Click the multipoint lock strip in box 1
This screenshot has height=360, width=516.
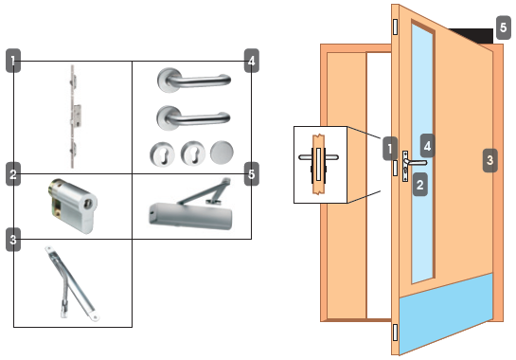74,117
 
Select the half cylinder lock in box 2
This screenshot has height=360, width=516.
73,206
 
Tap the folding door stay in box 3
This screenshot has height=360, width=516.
72,283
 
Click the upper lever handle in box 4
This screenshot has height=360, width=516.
194,80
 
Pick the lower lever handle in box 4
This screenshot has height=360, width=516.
193,117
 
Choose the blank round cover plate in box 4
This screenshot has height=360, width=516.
222,153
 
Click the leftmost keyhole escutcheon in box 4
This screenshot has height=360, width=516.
162,153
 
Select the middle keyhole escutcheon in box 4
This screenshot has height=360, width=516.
193,153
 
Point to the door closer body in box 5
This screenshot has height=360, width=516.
190,215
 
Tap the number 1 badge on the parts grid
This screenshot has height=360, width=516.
13,61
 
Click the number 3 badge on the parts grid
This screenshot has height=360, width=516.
13,240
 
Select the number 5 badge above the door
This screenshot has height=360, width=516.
503,27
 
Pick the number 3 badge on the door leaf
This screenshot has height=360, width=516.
490,160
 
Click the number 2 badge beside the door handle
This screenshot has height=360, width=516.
420,185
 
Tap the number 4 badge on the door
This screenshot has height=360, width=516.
428,146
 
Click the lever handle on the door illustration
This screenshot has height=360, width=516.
417,162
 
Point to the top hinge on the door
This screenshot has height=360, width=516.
395,27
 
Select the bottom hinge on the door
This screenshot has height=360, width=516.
395,332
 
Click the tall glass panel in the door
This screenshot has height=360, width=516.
422,153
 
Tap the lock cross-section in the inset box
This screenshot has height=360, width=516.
318,164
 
